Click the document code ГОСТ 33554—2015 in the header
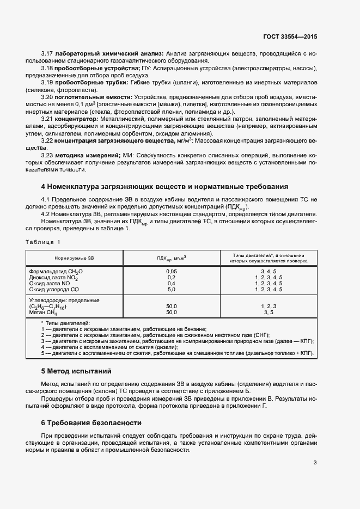(x=290, y=36)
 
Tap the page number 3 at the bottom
(x=315, y=463)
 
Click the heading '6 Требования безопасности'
(x=91, y=422)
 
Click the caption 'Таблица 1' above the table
(x=44, y=241)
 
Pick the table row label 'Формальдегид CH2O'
(x=57, y=271)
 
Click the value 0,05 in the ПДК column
(x=172, y=271)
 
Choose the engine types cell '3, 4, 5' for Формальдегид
(x=268, y=271)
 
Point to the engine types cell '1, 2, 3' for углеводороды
(x=268, y=307)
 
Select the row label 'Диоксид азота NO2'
(x=53, y=277)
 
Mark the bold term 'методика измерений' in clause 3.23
(x=89, y=155)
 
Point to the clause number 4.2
(x=46, y=213)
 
